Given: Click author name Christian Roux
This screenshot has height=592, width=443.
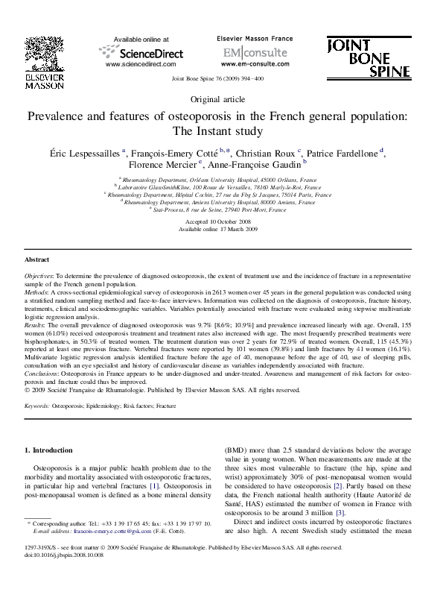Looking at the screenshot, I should tap(267, 151).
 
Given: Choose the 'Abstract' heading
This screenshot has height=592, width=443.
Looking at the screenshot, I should tap(37, 259).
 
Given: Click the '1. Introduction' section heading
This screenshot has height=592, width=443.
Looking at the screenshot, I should tap(49, 450).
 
